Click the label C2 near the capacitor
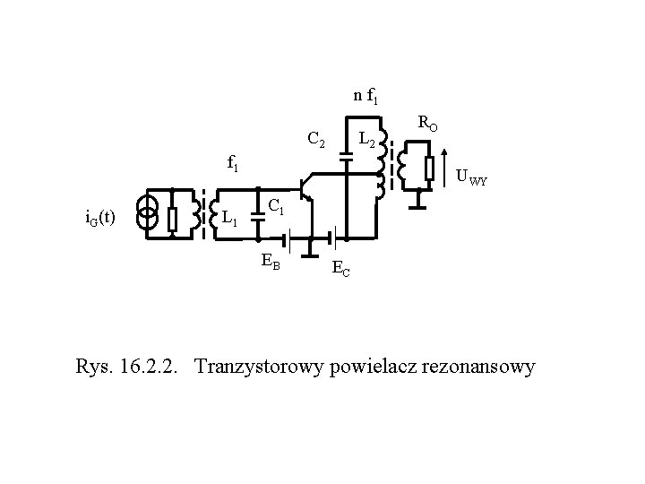(x=315, y=140)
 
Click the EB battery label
(x=271, y=262)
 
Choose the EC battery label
(x=340, y=267)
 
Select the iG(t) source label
(x=99, y=218)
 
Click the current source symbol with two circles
(x=149, y=214)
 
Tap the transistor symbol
(x=308, y=189)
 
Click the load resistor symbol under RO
(x=428, y=167)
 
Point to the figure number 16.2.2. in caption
(x=153, y=367)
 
